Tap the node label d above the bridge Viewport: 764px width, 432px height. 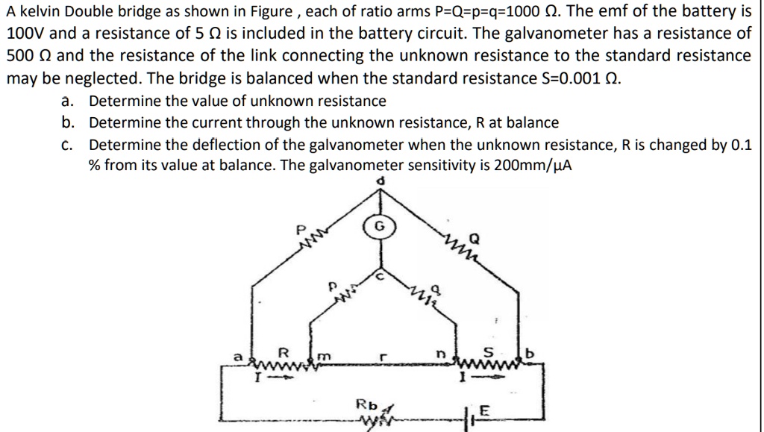coord(381,181)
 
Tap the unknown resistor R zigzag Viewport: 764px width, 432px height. coord(284,364)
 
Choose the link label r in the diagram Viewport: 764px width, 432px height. coord(381,357)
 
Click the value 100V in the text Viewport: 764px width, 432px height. coord(25,34)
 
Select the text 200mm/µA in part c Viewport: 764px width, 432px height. coord(533,166)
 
